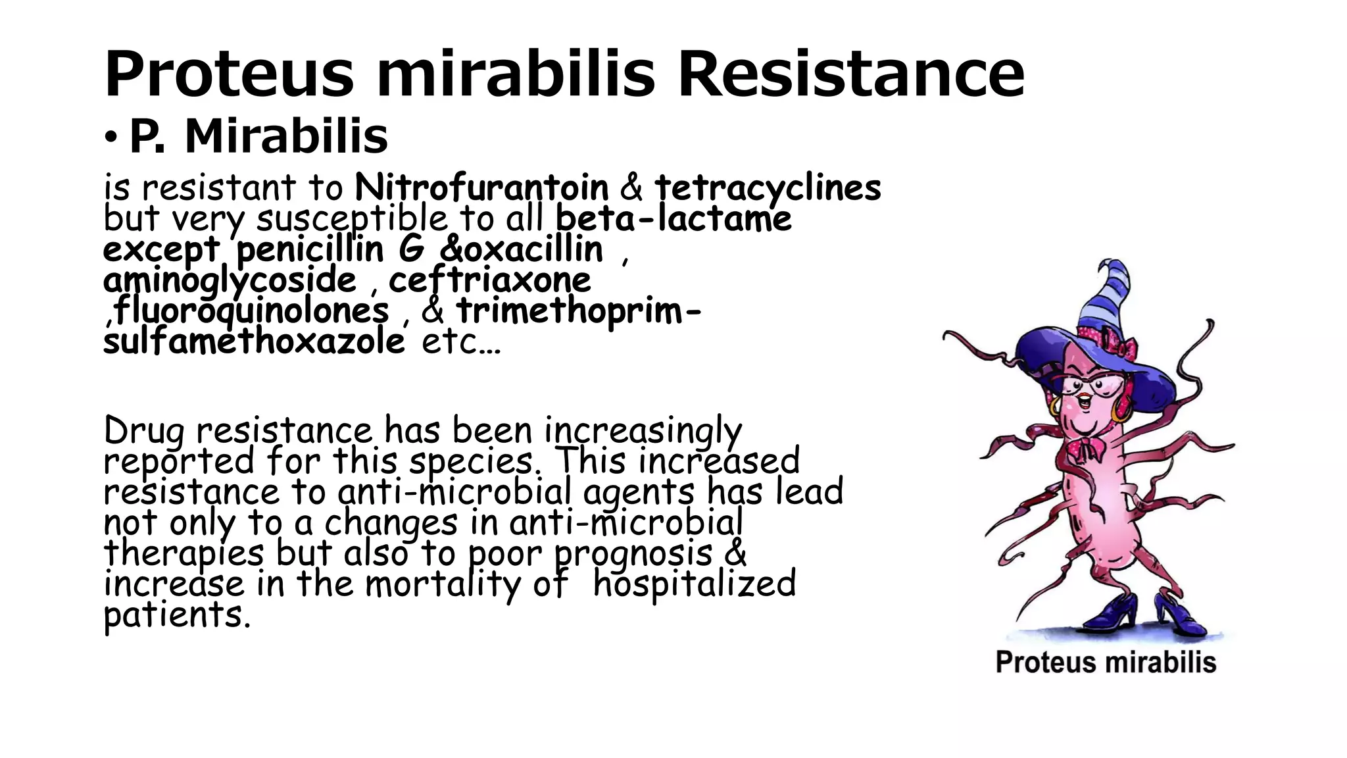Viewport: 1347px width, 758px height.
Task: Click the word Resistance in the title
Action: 851,74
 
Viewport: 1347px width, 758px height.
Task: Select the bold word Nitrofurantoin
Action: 481,188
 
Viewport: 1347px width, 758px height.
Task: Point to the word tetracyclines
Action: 768,189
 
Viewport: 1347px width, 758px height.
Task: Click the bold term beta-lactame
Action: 673,218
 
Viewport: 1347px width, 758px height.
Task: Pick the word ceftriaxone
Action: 489,280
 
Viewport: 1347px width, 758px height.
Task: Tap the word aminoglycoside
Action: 230,280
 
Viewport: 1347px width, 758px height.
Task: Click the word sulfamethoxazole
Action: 254,341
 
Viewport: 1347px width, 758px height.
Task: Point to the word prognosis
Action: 633,554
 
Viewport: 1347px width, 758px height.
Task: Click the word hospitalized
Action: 694,584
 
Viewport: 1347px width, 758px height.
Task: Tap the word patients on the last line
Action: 177,616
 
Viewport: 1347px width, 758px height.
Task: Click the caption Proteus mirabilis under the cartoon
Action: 1106,662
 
